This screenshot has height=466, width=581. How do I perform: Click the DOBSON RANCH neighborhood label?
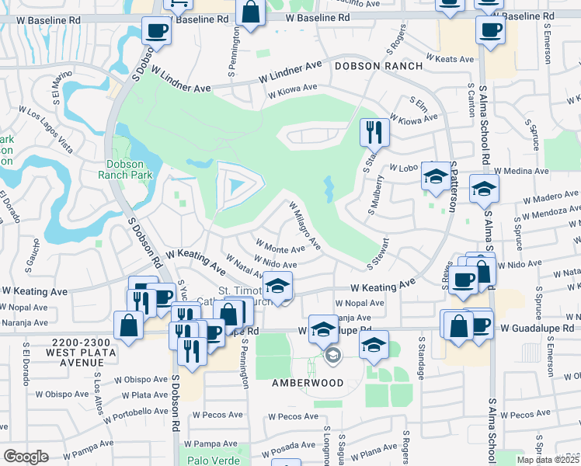[378, 67]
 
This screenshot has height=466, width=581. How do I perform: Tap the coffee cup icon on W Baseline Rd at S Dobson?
[156, 32]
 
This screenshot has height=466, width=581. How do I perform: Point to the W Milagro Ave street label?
[304, 226]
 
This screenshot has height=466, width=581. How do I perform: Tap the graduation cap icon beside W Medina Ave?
[484, 189]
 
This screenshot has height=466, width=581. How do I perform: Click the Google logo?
[26, 456]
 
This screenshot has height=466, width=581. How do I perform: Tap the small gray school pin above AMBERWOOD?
[332, 356]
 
